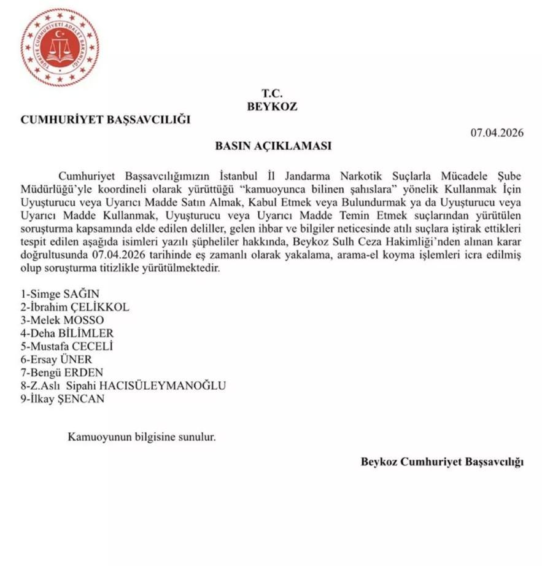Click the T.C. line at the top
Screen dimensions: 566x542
click(271, 93)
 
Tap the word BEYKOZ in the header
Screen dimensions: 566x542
click(272, 106)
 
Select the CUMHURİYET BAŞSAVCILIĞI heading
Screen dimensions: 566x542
click(106, 120)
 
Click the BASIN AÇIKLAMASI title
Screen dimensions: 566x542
click(273, 147)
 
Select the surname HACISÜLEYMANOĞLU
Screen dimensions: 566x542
click(172, 386)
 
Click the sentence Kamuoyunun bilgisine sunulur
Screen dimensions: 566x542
click(142, 438)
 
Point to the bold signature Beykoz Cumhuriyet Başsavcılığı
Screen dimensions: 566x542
click(442, 462)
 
